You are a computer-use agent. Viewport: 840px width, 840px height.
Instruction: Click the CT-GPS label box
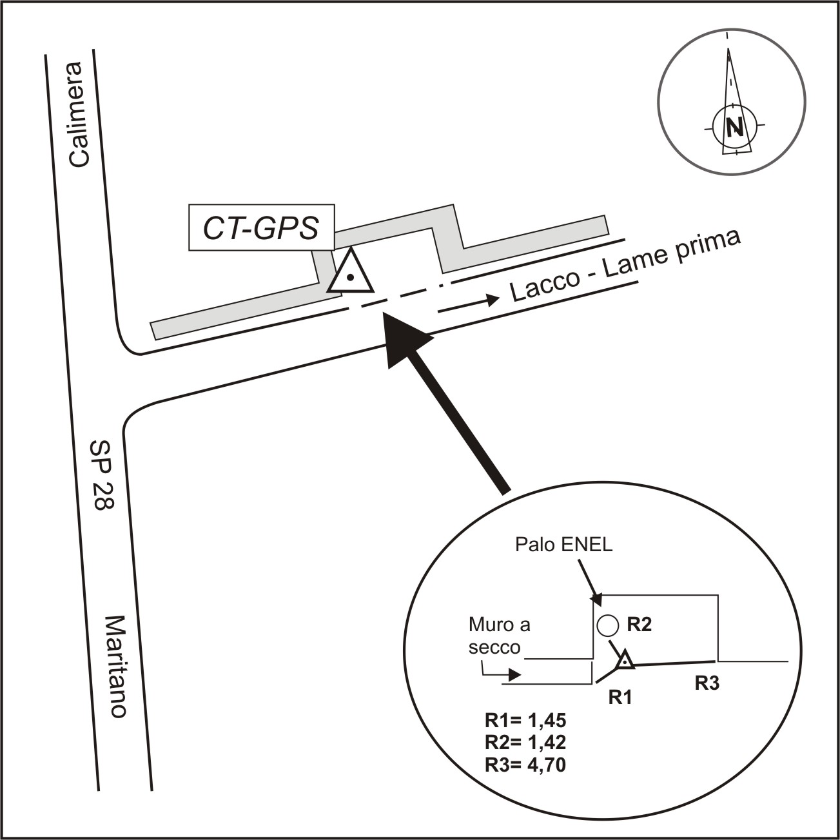pos(261,228)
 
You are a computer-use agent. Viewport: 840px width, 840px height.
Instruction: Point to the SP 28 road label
pos(101,475)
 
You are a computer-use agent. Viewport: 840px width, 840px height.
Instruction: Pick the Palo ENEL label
pos(564,545)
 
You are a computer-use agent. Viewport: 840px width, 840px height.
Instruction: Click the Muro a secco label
pos(499,636)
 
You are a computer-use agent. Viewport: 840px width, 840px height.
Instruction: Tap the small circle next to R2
pos(607,625)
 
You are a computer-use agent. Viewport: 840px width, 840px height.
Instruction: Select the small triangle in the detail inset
pos(624,660)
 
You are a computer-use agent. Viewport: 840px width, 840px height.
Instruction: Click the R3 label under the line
pos(707,684)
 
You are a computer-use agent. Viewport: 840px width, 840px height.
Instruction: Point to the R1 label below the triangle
pos(621,697)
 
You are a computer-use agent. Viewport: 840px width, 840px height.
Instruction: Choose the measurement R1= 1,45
pos(525,721)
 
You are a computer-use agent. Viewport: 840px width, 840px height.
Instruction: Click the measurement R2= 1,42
pos(525,743)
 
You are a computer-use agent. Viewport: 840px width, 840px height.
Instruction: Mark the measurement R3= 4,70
pos(525,765)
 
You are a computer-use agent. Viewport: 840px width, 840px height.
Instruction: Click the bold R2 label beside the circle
pos(640,624)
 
